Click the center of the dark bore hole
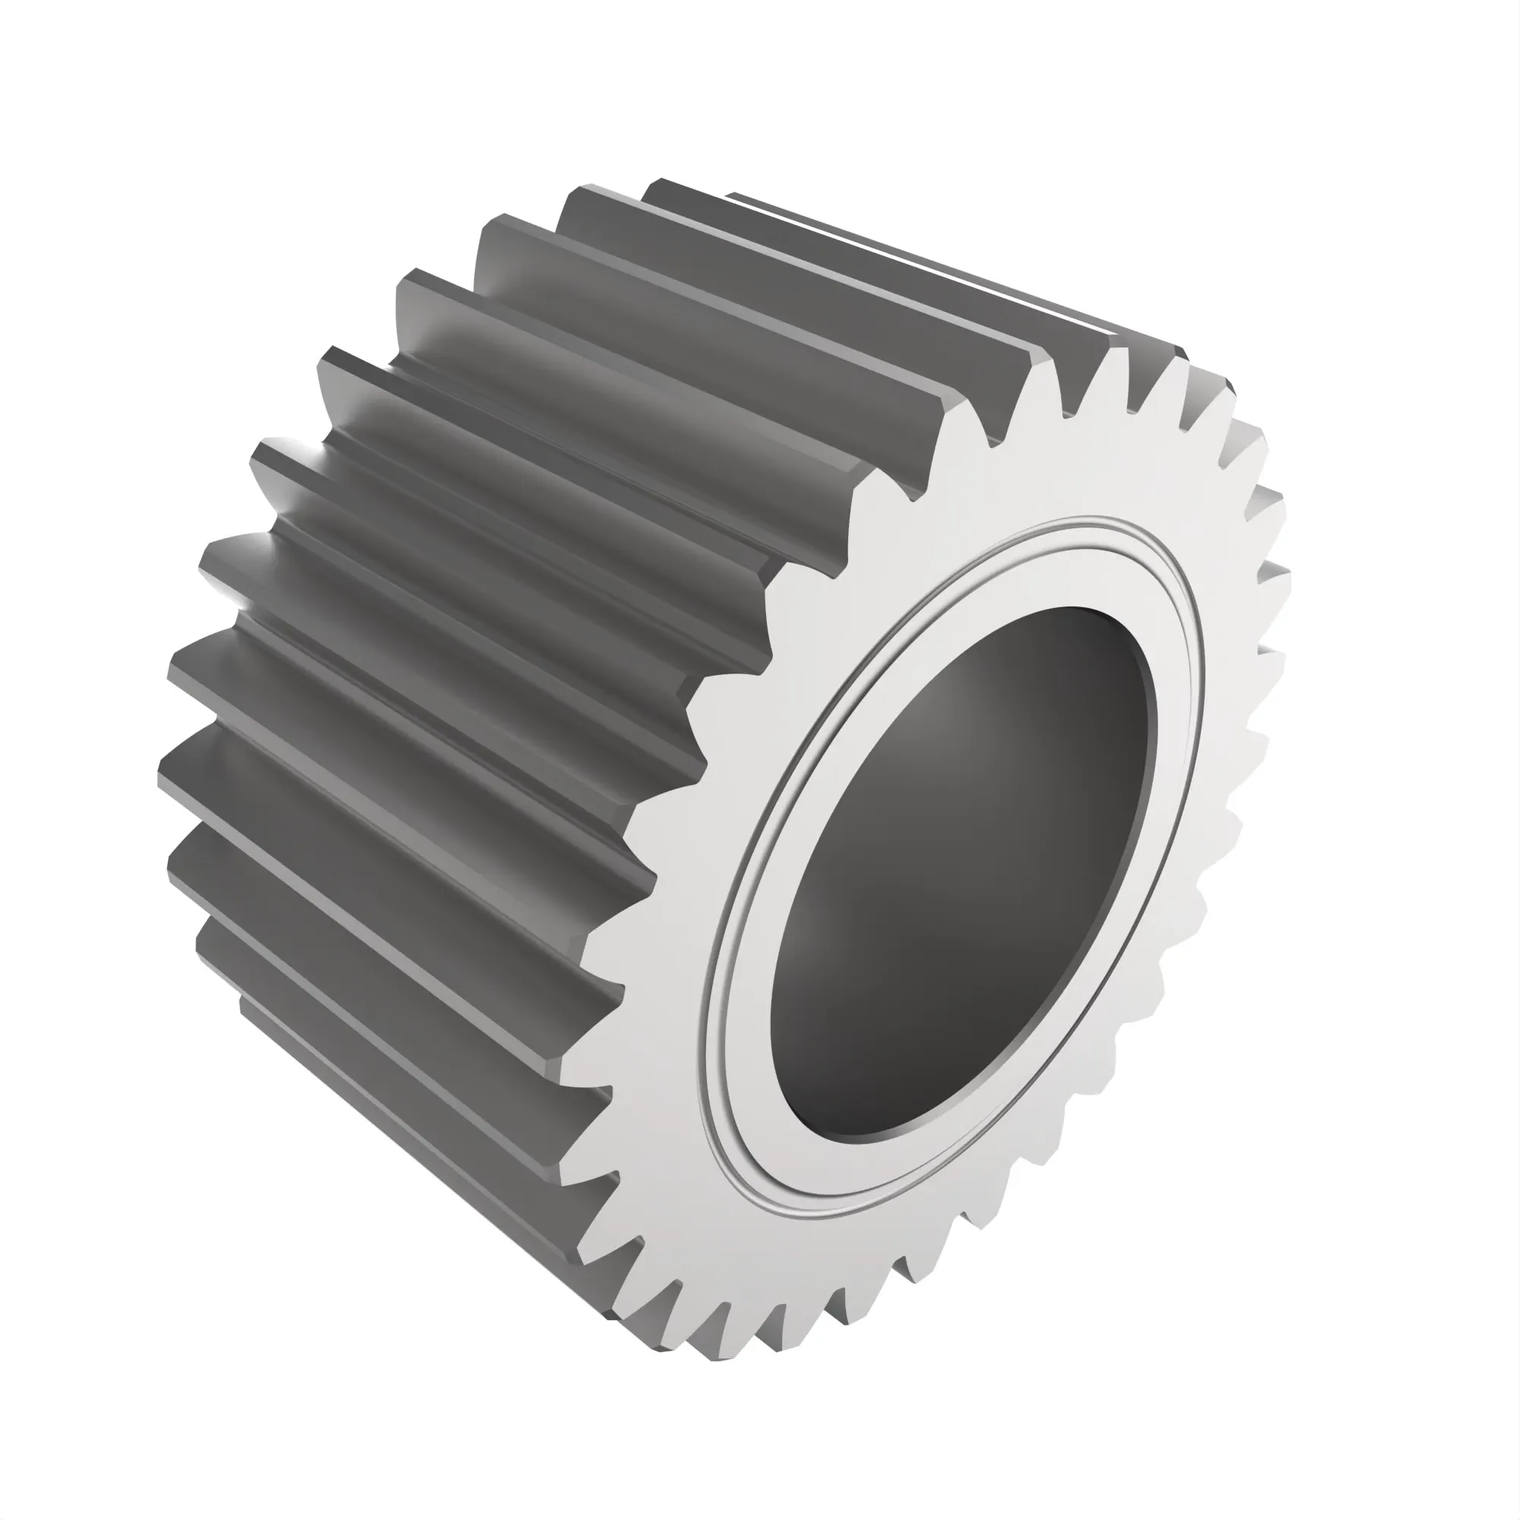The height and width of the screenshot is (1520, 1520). click(x=964, y=873)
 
